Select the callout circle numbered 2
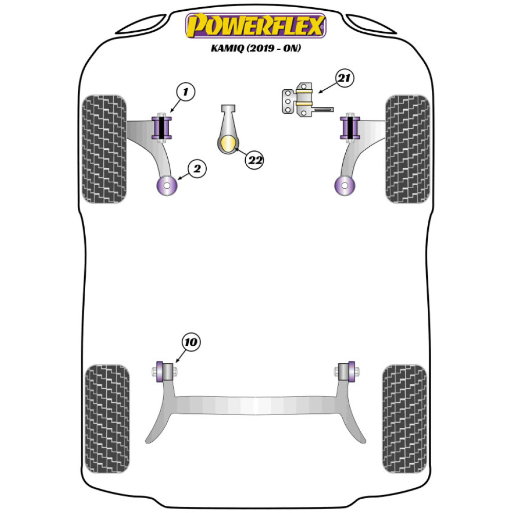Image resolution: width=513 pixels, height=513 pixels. click(x=197, y=168)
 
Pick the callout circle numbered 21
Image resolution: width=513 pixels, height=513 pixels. click(x=344, y=78)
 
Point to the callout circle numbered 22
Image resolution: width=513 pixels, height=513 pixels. click(x=255, y=160)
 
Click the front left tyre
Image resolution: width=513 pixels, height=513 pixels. click(x=104, y=148)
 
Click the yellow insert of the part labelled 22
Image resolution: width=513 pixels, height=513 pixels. click(x=229, y=144)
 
